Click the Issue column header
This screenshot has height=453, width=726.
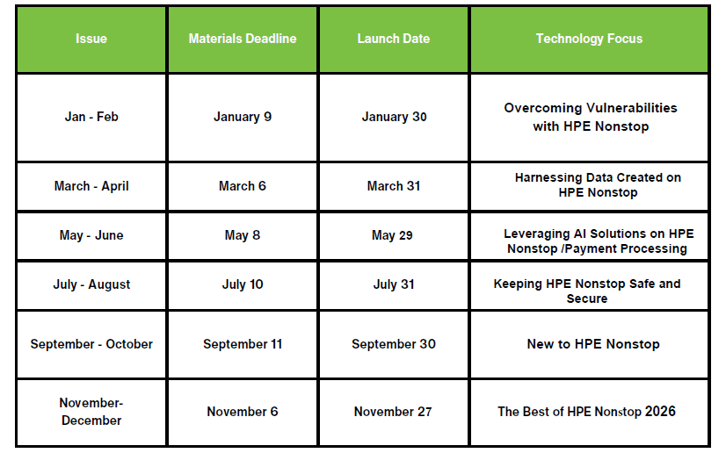tap(91, 39)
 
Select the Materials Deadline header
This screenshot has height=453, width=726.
tap(243, 39)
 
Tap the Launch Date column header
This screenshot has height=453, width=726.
tap(394, 39)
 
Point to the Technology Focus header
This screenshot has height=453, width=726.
tap(589, 39)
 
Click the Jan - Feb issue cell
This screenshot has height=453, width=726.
tap(91, 117)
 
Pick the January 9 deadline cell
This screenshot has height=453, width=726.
tap(243, 117)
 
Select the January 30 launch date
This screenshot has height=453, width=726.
tap(394, 117)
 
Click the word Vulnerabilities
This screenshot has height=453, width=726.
tap(633, 108)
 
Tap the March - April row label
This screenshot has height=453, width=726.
tap(91, 186)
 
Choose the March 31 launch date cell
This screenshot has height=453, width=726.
tap(394, 186)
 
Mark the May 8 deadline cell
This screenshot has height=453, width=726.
tap(243, 236)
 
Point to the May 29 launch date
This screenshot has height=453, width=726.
tap(392, 236)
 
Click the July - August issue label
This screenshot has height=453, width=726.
tap(91, 284)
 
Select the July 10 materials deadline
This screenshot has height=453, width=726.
tap(243, 284)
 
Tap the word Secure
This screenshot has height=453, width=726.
tap(587, 298)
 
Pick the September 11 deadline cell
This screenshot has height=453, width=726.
tap(243, 344)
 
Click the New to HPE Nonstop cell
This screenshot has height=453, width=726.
tap(593, 344)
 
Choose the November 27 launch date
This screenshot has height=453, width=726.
tap(393, 412)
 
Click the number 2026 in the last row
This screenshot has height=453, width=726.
tap(660, 412)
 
